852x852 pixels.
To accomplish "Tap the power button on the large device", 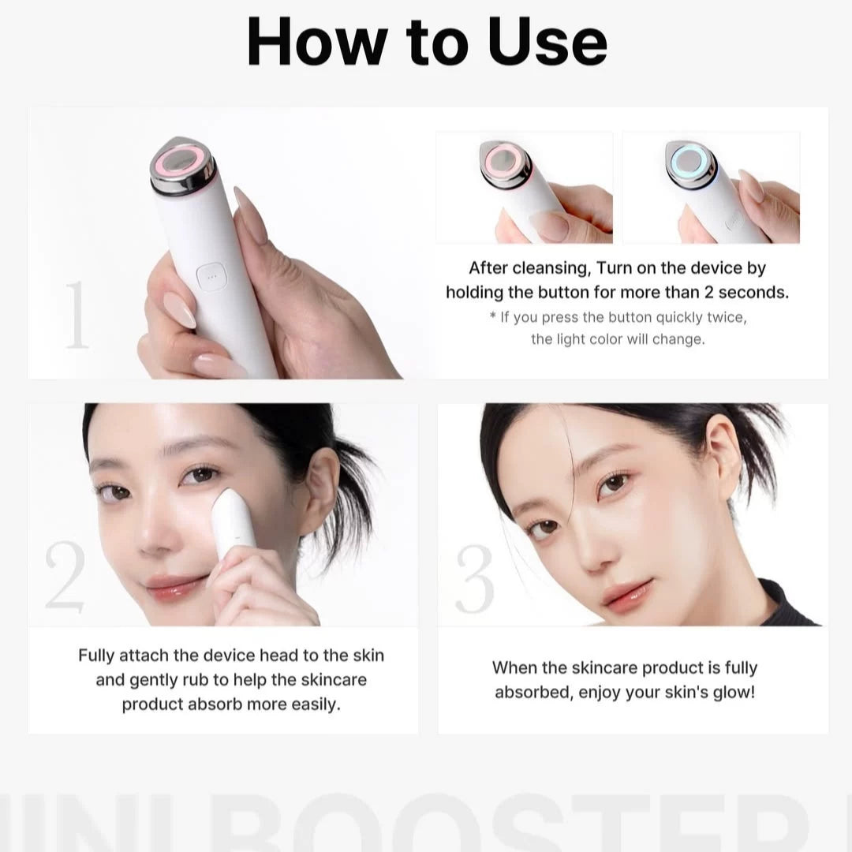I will click(209, 278).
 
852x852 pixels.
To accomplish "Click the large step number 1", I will click(77, 316).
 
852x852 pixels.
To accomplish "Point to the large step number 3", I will click(474, 580).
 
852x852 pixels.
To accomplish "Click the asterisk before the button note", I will click(492, 317).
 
